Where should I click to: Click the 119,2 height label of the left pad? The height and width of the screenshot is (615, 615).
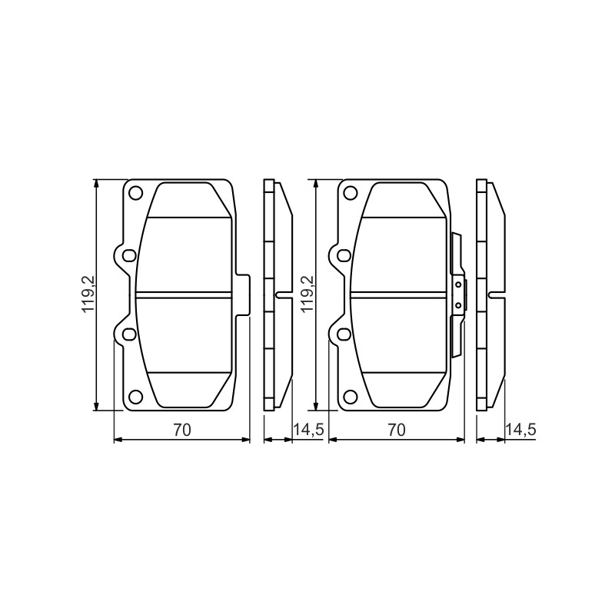[88, 294]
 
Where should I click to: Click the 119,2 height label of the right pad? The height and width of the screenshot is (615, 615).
[307, 294]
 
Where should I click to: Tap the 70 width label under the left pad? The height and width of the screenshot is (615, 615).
[182, 430]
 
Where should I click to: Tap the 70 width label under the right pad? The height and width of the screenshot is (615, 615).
[397, 430]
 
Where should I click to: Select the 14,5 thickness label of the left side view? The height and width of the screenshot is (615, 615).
[308, 430]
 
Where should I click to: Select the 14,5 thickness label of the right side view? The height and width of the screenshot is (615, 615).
[521, 430]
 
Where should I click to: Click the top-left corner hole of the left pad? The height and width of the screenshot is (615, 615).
[136, 192]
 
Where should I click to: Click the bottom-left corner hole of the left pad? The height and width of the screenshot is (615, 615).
[136, 397]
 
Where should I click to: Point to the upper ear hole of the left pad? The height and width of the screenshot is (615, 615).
[128, 256]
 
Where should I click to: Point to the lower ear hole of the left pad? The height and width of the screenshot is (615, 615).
[128, 334]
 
